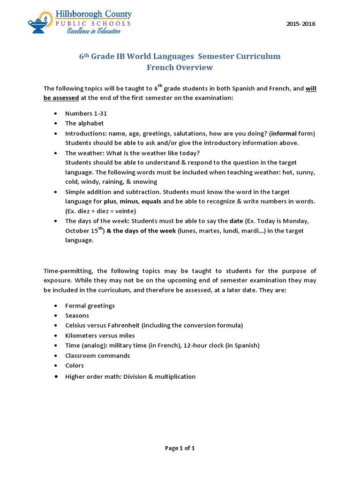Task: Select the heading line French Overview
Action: tap(180, 67)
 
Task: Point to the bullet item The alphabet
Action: tap(84, 123)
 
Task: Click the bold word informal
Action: tap(284, 134)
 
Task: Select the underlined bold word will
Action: tap(311, 88)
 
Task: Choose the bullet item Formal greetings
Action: tap(90, 306)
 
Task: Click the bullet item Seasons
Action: tap(77, 315)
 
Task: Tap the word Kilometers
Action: tap(82, 336)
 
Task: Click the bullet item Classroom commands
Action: tap(97, 356)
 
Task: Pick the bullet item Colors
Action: tap(75, 366)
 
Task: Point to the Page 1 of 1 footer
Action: tap(180, 448)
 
